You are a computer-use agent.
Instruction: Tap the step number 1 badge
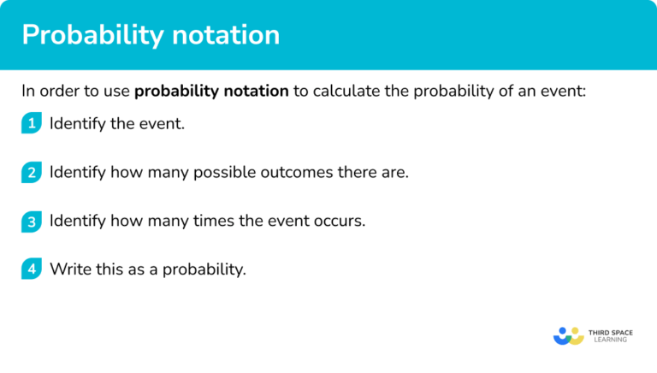point(32,123)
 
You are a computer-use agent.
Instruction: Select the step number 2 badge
point(32,172)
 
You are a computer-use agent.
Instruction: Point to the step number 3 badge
point(32,221)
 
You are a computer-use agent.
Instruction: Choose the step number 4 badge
point(32,269)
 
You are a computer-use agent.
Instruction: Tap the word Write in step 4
point(69,269)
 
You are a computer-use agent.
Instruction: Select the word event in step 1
point(163,123)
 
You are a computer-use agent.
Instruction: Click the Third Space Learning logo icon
point(568,335)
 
